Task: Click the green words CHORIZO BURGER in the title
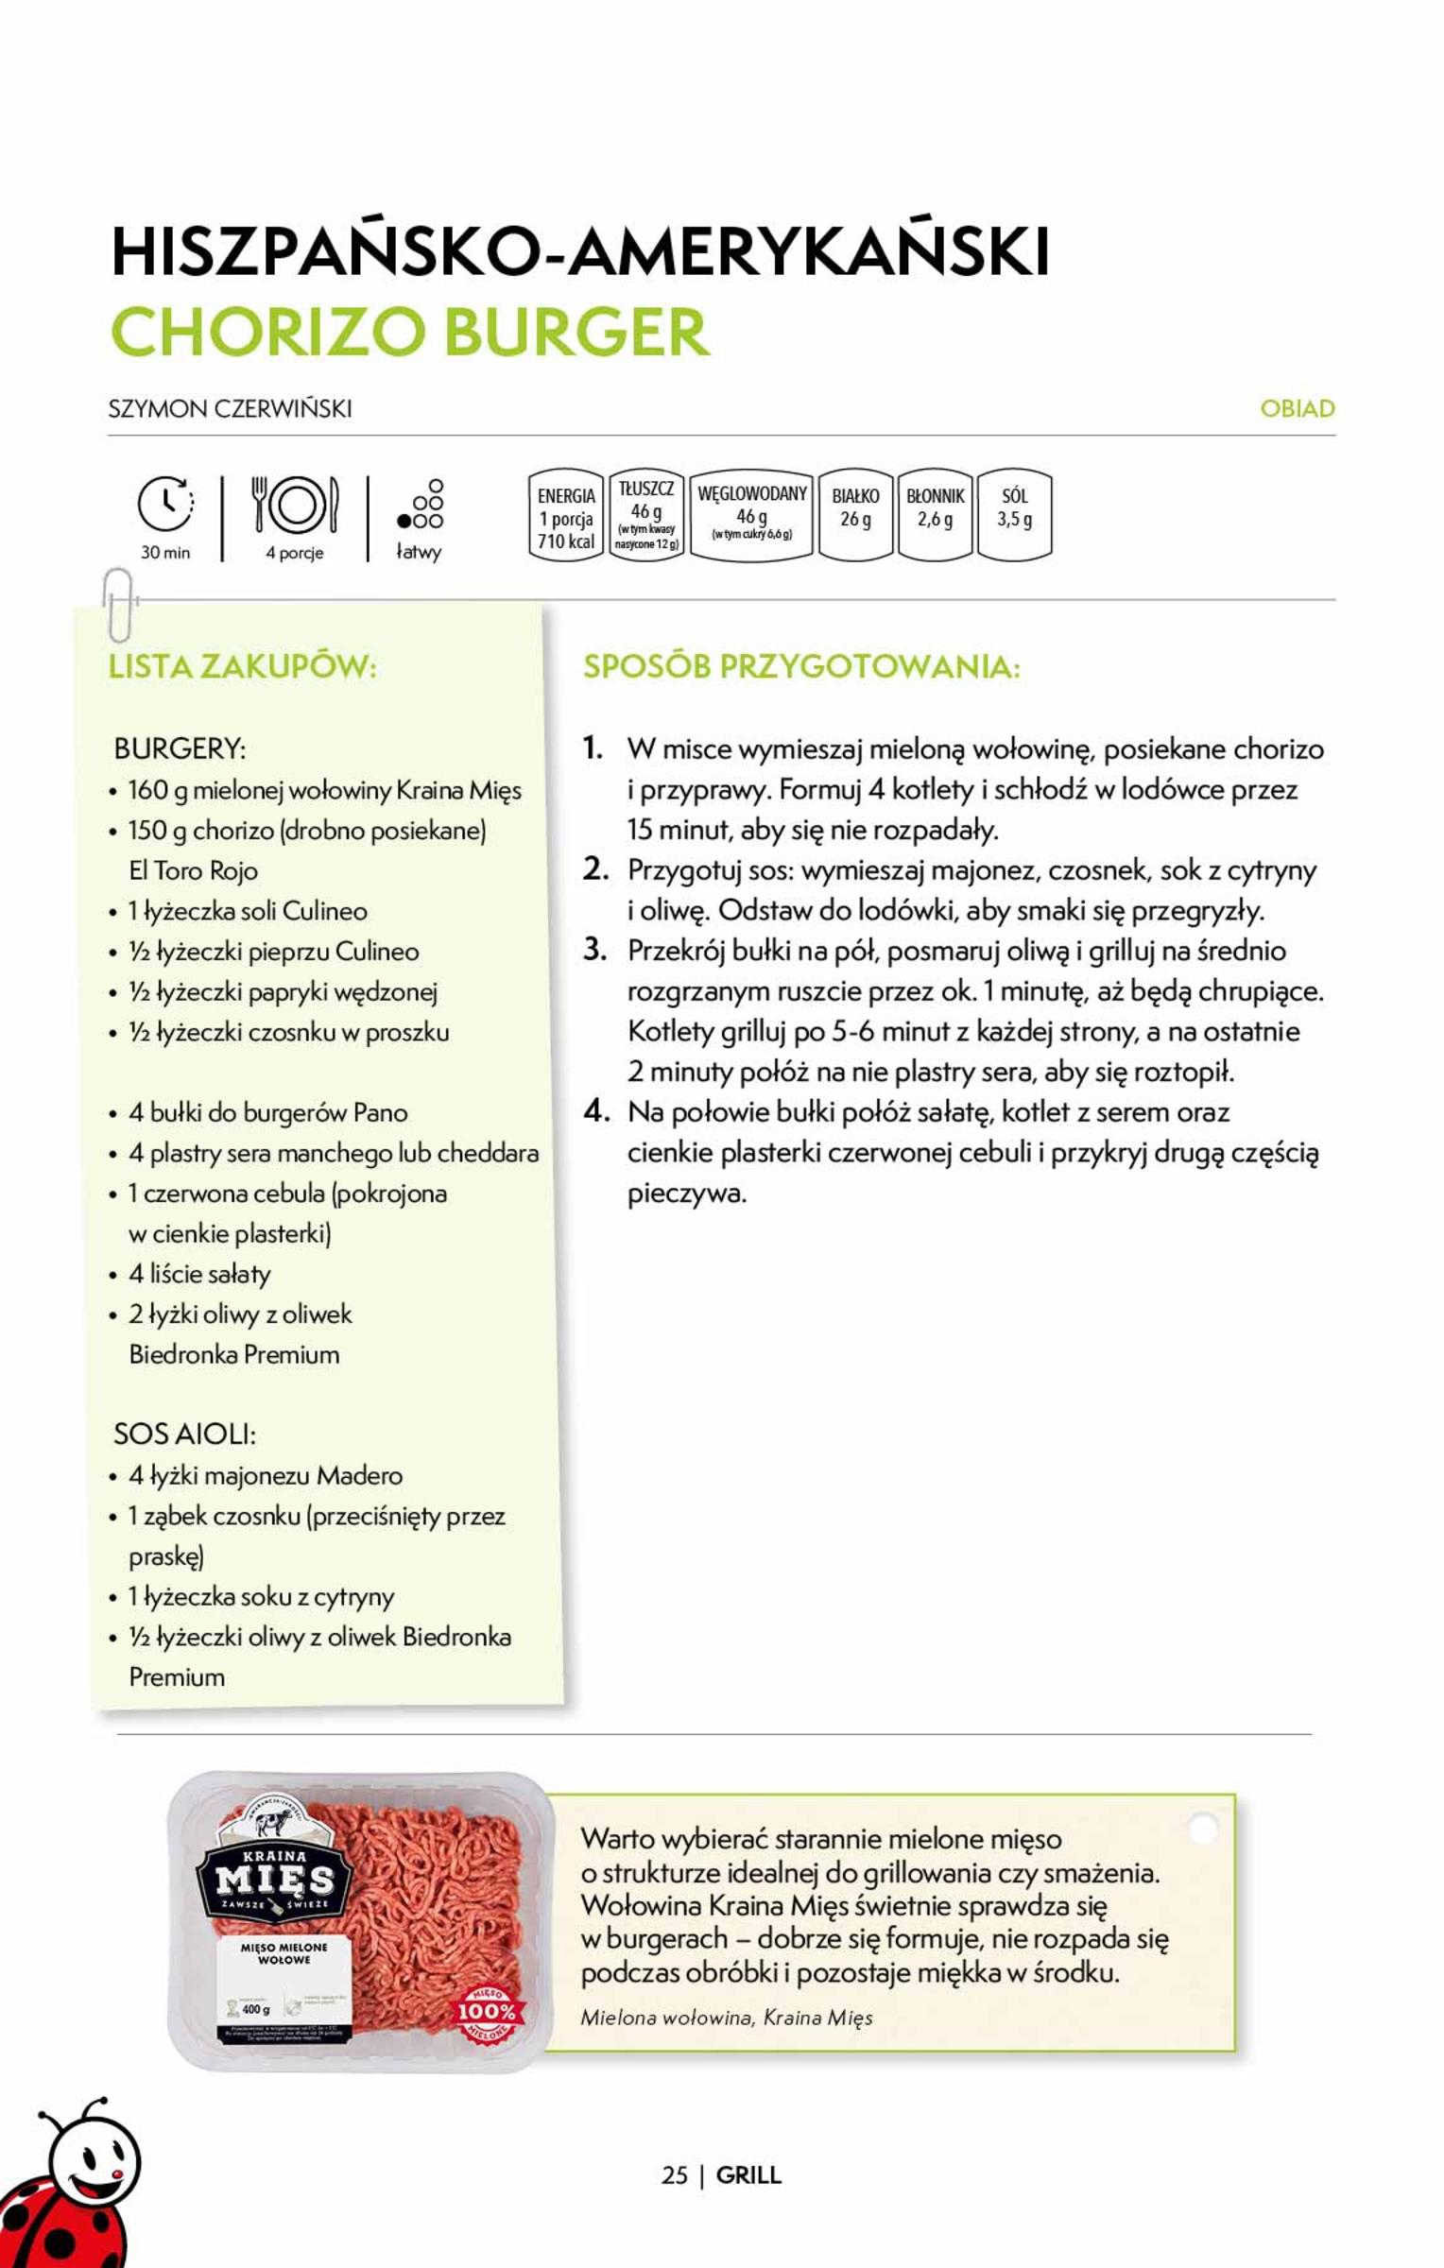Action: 410,331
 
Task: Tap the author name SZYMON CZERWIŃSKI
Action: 231,408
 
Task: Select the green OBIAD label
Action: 1297,408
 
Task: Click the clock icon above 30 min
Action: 165,504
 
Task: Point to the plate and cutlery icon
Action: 294,505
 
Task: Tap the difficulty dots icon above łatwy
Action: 421,506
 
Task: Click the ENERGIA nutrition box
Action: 565,516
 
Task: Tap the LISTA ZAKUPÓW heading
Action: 243,666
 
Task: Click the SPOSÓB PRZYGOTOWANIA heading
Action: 801,666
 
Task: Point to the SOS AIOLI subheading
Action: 184,1434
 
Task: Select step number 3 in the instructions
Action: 594,949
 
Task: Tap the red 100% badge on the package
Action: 488,2014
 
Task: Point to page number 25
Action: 674,2174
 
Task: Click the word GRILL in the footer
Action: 748,2174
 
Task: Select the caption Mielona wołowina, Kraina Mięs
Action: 726,2017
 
